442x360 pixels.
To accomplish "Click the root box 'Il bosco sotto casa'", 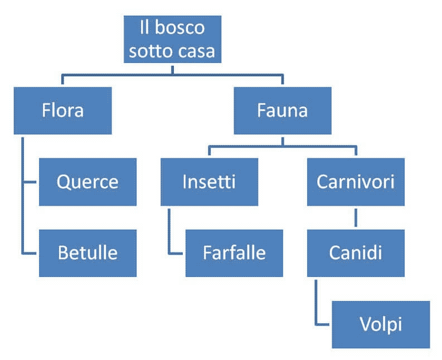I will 172,39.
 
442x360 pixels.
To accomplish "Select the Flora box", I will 62,110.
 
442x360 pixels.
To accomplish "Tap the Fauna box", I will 282,110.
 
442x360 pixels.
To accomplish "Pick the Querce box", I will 88,182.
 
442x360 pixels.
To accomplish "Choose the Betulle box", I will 88,253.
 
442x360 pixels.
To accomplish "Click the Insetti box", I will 209,182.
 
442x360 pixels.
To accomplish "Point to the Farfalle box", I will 234,253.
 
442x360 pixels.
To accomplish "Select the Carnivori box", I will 356,182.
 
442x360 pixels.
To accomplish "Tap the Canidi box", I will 356,253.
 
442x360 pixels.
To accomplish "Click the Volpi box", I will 381,324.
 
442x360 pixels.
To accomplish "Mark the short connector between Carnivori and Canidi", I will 356,217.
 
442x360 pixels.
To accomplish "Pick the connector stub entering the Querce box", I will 30,182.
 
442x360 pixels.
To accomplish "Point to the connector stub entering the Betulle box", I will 30,253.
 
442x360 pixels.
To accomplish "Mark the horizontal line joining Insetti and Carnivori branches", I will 282,147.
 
